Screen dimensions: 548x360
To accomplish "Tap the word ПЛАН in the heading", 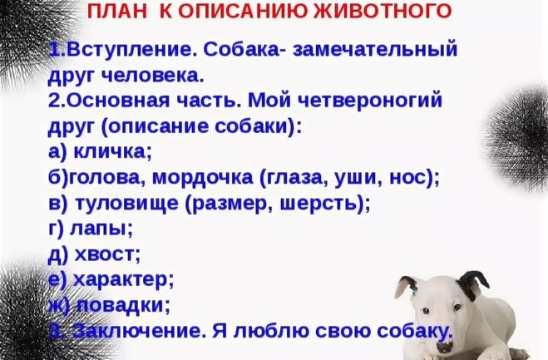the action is (x=117, y=12).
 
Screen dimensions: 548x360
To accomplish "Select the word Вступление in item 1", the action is (x=130, y=50).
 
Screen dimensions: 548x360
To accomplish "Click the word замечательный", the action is (x=375, y=49).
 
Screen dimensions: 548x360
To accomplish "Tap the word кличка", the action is (x=111, y=151).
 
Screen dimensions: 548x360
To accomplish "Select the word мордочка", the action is (x=202, y=178).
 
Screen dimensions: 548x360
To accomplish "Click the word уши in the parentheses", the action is (x=357, y=178).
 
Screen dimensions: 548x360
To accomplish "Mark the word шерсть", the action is (x=318, y=203).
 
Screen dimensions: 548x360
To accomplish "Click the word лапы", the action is (x=98, y=229).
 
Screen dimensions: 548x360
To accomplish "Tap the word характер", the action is (x=121, y=280).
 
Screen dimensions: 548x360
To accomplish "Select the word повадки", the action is (x=120, y=305).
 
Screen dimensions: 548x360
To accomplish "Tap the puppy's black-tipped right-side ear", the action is (x=473, y=284).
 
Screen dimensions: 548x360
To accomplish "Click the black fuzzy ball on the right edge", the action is (x=517, y=138).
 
